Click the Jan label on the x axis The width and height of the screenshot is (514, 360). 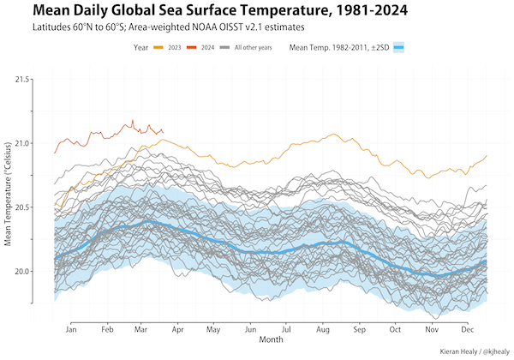pyautogui.click(x=71, y=329)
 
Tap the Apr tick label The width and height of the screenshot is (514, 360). pyautogui.click(x=177, y=329)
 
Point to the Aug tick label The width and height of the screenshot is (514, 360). pyautogui.click(x=322, y=329)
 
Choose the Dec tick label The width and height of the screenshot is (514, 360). pyautogui.click(x=468, y=329)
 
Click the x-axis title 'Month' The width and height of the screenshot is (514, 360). pyautogui.click(x=271, y=340)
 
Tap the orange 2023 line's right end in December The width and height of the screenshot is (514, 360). pyautogui.click(x=487, y=155)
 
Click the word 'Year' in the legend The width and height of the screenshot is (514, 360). pyautogui.click(x=141, y=47)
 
